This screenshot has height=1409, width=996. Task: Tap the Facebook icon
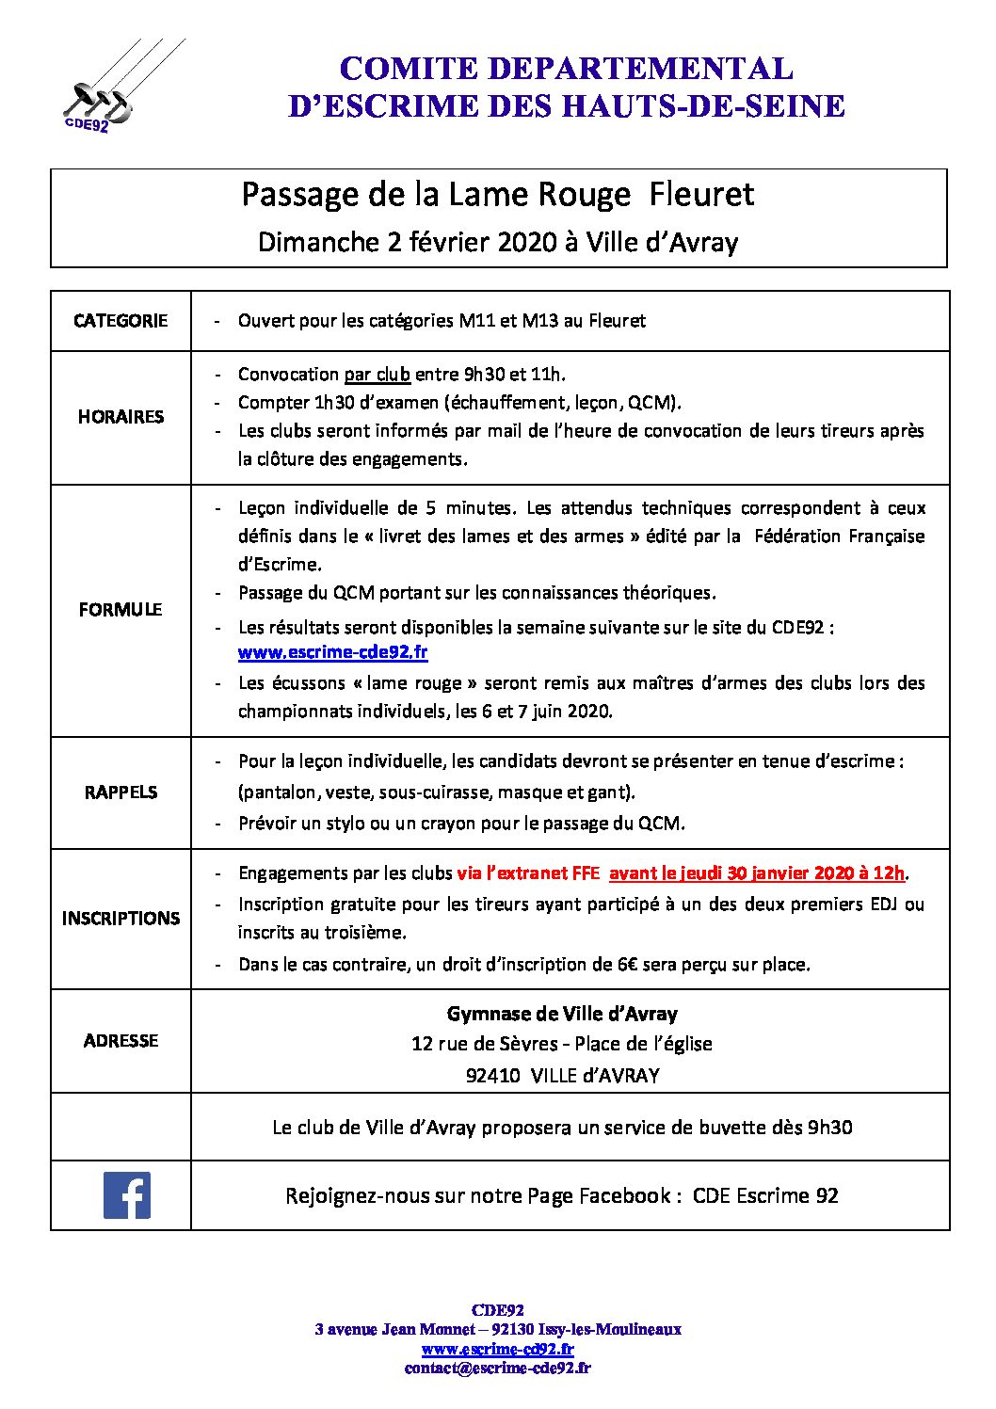click(x=127, y=1195)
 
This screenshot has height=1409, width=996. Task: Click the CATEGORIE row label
click(x=120, y=321)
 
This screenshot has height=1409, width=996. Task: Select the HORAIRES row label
click(x=120, y=417)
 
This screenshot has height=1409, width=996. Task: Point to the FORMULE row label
click(x=120, y=610)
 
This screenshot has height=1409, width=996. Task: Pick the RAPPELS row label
click(x=120, y=793)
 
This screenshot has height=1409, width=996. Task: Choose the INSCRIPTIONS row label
click(x=120, y=919)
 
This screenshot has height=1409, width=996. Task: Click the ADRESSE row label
click(x=120, y=1041)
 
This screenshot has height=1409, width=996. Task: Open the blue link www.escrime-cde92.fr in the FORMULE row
click(x=332, y=652)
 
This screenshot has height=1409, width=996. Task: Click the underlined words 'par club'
click(x=377, y=375)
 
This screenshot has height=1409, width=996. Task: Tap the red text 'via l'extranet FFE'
click(x=528, y=873)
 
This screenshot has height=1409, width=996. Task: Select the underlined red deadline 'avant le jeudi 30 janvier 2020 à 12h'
click(x=757, y=873)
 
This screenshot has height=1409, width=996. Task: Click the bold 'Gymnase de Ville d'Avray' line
click(x=562, y=1015)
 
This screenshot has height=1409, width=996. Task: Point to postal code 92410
click(x=493, y=1076)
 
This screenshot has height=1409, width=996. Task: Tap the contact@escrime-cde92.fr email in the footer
click(x=498, y=1369)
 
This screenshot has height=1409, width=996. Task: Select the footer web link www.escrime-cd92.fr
click(x=498, y=1349)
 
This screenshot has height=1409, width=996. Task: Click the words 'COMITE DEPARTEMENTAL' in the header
click(x=566, y=69)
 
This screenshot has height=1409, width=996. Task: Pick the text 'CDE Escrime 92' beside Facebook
click(x=765, y=1196)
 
